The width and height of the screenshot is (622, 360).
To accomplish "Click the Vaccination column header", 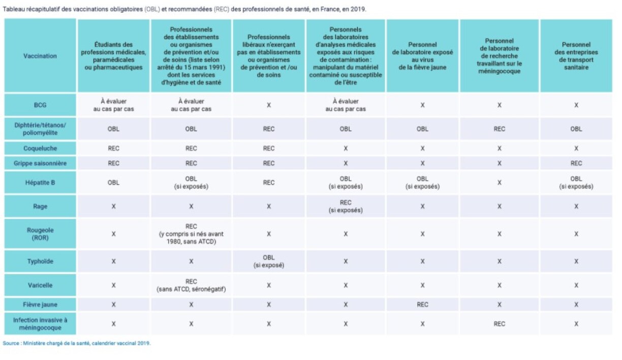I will (x=40, y=56).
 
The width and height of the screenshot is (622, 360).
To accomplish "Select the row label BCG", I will (x=40, y=105).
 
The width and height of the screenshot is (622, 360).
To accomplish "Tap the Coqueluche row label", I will (x=40, y=148).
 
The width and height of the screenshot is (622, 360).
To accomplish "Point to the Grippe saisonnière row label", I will (x=40, y=163).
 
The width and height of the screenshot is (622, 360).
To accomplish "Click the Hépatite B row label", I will (x=40, y=183).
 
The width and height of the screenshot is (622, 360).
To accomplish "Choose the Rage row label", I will (x=40, y=206).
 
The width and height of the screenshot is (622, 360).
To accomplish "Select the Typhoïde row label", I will (x=40, y=261).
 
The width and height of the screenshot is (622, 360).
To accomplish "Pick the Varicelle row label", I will (x=40, y=285).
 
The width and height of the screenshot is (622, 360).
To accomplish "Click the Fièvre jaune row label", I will (x=40, y=305).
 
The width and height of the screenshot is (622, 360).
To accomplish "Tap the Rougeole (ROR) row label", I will (x=40, y=234).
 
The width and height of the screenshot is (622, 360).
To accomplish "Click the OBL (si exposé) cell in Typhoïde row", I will (x=269, y=261).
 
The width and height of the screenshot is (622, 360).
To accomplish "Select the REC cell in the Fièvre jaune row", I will (x=422, y=305).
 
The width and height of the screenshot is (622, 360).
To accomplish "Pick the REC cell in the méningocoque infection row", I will (x=500, y=323).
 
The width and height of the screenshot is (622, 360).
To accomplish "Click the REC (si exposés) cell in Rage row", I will (x=346, y=206).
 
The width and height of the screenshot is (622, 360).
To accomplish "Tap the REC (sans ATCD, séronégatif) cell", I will (x=191, y=285).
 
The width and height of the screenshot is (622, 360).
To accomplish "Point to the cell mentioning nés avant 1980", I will (x=191, y=234).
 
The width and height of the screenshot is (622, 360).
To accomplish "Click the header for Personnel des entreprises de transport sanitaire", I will (x=576, y=56).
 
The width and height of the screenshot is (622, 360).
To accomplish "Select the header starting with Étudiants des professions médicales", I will (x=113, y=56).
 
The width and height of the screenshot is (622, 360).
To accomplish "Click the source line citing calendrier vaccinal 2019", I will (x=77, y=343).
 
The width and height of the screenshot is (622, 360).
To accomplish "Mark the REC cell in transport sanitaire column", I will (x=576, y=163).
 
